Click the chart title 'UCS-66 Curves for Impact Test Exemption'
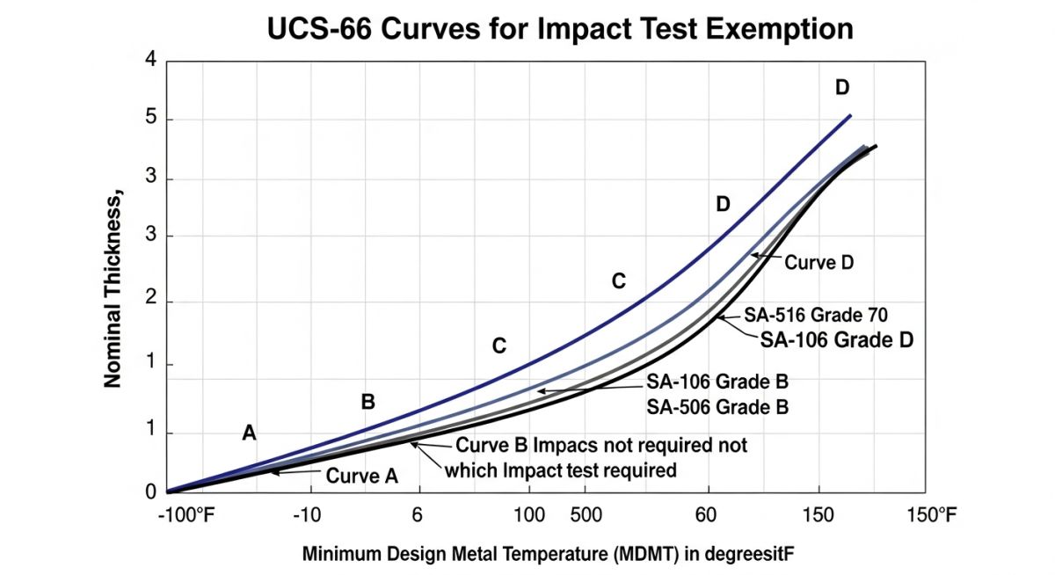click(560, 28)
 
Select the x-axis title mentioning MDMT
click(554, 555)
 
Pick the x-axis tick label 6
click(417, 514)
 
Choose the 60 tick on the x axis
click(707, 514)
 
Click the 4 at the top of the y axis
click(149, 60)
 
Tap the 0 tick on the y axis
click(149, 492)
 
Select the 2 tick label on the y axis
click(149, 302)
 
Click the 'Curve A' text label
click(362, 476)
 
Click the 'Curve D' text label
click(820, 262)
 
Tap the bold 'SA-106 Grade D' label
click(835, 338)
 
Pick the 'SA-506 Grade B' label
click(717, 407)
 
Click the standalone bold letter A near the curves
click(250, 432)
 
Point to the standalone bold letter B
click(368, 402)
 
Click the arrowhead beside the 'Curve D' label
click(753, 256)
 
